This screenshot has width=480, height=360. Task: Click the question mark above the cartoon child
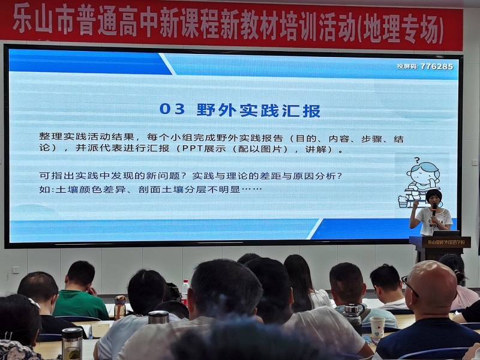(416, 160)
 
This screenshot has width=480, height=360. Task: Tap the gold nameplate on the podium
(446, 242)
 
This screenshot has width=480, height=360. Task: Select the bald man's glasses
(410, 286)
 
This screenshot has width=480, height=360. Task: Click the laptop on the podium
(441, 233)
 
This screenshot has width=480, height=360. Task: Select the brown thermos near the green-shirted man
(120, 307)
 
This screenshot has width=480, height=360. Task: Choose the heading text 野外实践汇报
(258, 110)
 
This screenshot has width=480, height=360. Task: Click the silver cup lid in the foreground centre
(158, 317)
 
